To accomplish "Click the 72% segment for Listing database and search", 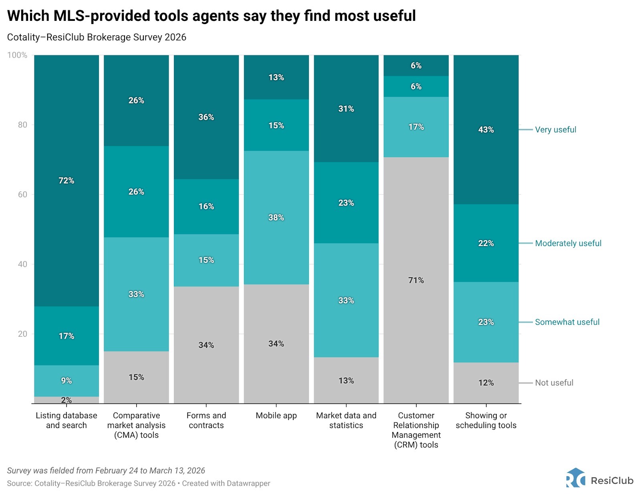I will coord(67,181).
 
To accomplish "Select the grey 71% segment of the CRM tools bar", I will coord(416,280).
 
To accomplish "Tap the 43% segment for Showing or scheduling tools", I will coord(486,130).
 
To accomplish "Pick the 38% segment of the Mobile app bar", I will coord(276,218).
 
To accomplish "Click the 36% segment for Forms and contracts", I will coord(206,117).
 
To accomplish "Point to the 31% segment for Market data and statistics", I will coord(346,109).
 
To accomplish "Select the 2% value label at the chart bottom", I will coord(67,400).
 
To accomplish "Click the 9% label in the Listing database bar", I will coord(67,381).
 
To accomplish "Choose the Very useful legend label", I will coord(555,130).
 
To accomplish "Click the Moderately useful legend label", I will coord(568,243).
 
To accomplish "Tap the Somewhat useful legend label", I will coord(567,322).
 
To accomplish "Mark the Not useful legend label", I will coord(554,383).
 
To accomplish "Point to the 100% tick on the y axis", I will coord(17,55).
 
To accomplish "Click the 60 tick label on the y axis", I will coord(22,194).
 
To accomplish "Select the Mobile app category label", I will coord(276,416).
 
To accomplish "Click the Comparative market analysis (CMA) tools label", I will coord(136,425).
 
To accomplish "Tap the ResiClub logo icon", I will coord(576,478).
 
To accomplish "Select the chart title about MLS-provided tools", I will coord(212,16).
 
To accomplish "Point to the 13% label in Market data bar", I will coord(346,381).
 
